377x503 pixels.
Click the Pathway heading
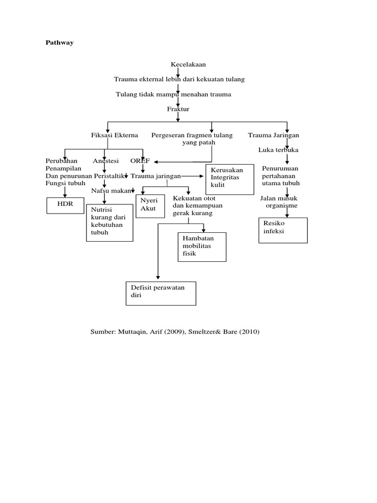[59, 43]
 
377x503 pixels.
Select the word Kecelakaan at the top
[188, 64]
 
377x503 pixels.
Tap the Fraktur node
[178, 109]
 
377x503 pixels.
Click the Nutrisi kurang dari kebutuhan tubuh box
[109, 222]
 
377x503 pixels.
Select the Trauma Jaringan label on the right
[273, 135]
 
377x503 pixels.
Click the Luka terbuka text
[278, 150]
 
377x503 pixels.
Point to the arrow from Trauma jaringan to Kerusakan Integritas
[194, 176]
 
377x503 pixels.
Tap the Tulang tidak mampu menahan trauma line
[173, 94]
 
